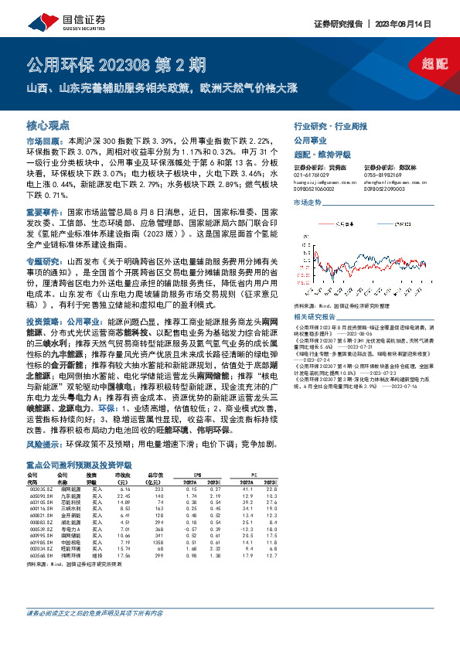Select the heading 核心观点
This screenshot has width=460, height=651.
point(48,124)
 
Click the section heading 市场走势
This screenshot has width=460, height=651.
point(308,202)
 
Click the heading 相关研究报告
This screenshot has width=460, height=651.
point(317,317)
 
